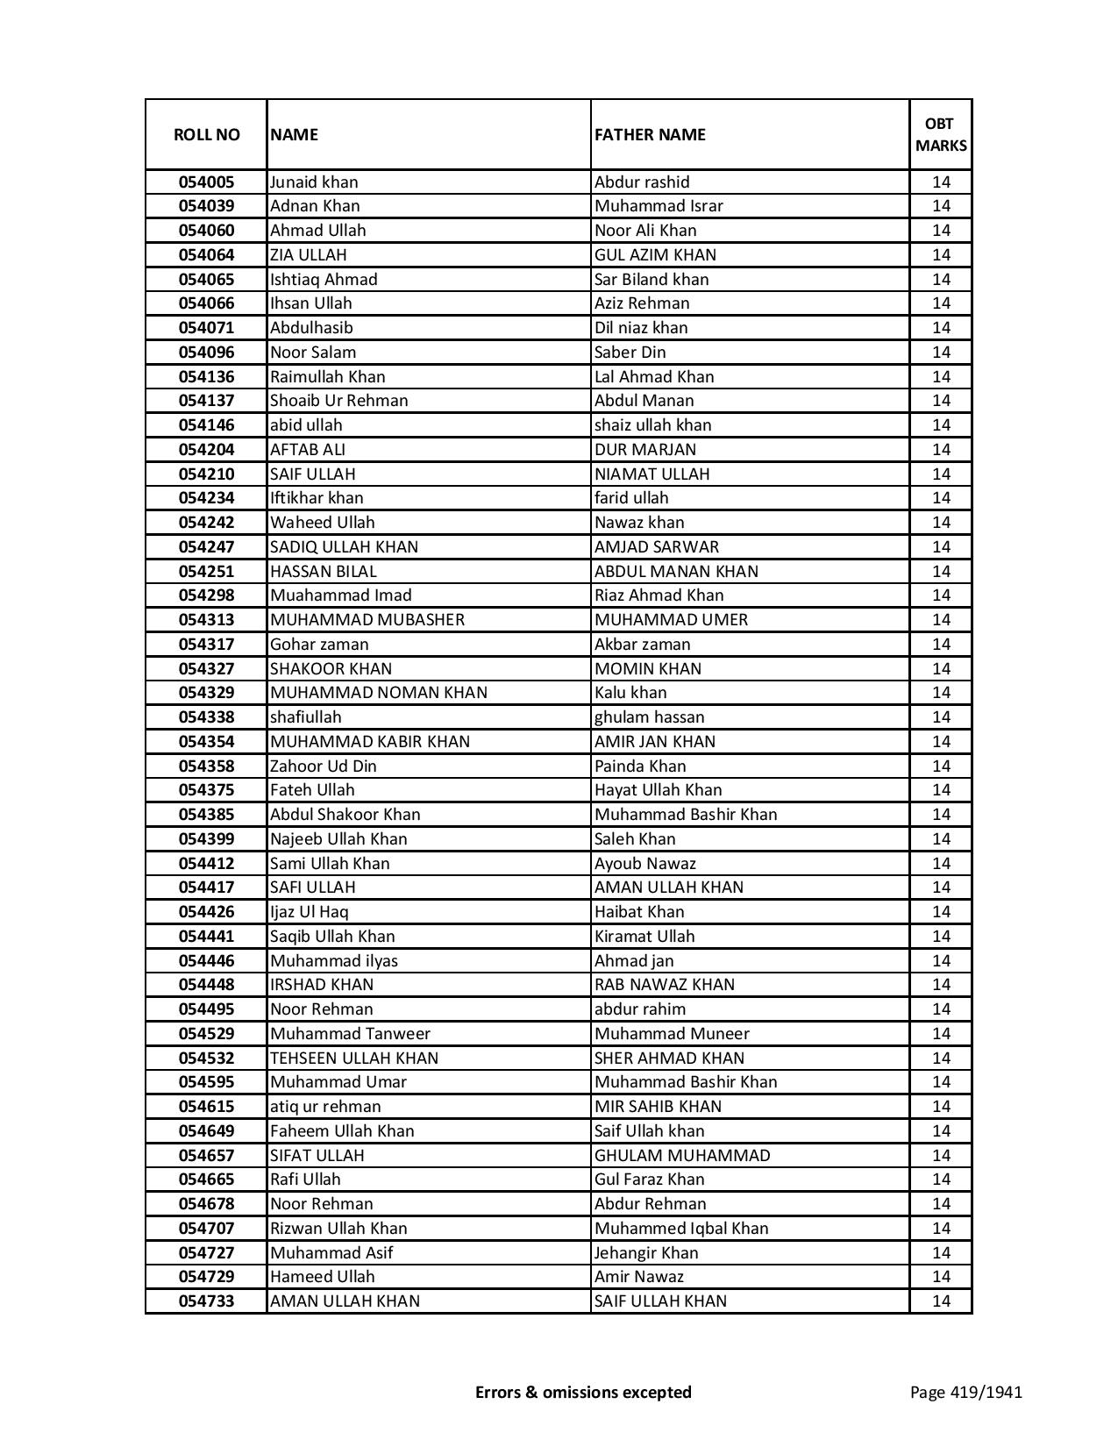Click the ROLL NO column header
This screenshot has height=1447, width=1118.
pyautogui.click(x=206, y=134)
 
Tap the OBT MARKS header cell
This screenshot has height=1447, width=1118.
pyautogui.click(x=941, y=134)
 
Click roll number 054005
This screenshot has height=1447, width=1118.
pyautogui.click(x=206, y=182)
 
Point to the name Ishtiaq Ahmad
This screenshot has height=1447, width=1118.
pyautogui.click(x=324, y=280)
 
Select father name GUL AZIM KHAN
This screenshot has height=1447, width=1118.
pyautogui.click(x=655, y=255)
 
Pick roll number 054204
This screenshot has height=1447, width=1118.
pyautogui.click(x=206, y=450)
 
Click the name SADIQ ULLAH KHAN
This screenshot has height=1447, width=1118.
pyautogui.click(x=344, y=547)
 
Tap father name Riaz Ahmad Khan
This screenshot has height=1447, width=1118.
pyautogui.click(x=659, y=595)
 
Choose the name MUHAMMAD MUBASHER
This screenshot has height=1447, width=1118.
pyautogui.click(x=367, y=620)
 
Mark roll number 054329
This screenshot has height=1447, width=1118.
pyautogui.click(x=206, y=693)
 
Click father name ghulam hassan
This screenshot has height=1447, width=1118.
pyautogui.click(x=649, y=717)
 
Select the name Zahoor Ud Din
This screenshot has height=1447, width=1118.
pyautogui.click(x=323, y=766)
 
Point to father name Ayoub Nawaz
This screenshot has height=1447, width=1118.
pyautogui.click(x=644, y=864)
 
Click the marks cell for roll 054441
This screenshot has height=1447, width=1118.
pyautogui.click(x=941, y=937)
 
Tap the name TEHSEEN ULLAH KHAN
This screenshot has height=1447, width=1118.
pyautogui.click(x=354, y=1059)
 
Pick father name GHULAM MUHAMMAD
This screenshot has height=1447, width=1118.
pyautogui.click(x=682, y=1156)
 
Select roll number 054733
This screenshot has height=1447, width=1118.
pyautogui.click(x=206, y=1301)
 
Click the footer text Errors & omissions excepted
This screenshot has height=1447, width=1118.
pyautogui.click(x=583, y=1392)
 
